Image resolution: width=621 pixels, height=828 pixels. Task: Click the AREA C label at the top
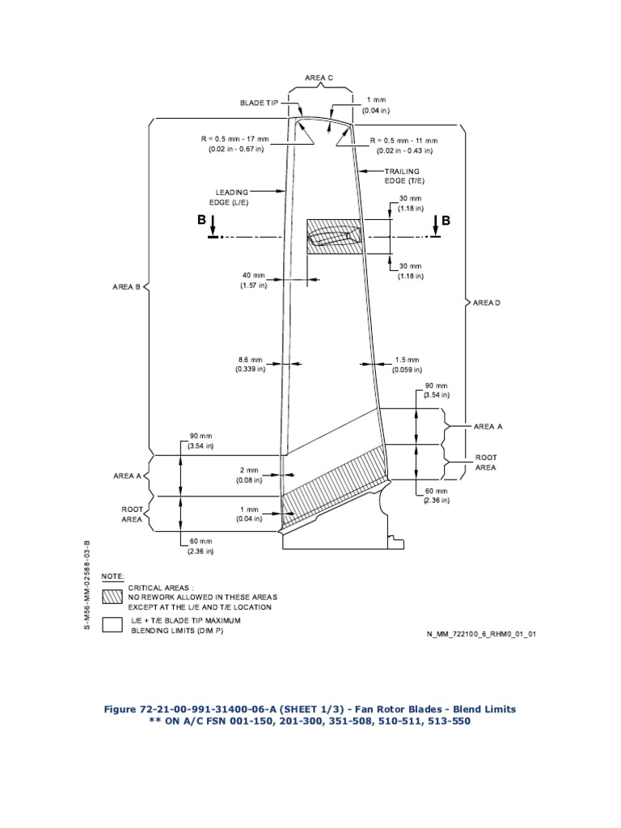click(319, 78)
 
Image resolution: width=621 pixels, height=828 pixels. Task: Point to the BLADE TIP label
click(259, 103)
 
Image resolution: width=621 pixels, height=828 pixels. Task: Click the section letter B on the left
click(201, 220)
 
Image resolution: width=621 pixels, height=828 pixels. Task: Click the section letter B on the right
click(445, 220)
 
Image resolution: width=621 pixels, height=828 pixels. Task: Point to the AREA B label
click(127, 286)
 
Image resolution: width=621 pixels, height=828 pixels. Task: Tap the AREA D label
click(487, 302)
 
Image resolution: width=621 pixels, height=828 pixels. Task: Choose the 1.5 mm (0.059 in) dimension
click(407, 364)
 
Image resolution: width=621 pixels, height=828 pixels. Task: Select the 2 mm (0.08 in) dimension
click(249, 475)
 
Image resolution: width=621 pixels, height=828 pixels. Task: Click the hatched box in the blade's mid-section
click(332, 237)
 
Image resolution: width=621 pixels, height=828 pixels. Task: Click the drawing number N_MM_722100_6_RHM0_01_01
click(481, 634)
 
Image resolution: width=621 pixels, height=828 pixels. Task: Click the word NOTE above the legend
click(112, 576)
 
